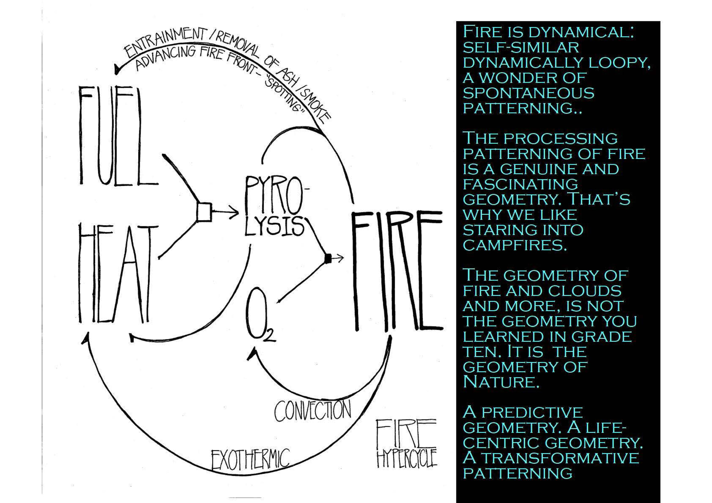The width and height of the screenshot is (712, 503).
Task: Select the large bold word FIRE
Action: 397,271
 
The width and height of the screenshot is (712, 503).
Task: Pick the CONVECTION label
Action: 313,411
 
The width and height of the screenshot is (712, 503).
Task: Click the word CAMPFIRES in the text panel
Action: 515,246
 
